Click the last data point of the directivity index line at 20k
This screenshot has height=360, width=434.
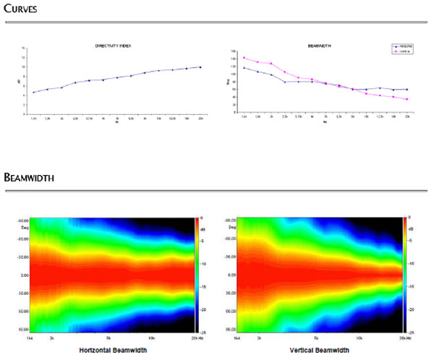(x=200, y=67)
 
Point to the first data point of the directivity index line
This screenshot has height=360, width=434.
(x=34, y=93)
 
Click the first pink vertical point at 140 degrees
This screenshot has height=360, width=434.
(x=244, y=58)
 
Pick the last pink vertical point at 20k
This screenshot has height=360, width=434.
(x=407, y=99)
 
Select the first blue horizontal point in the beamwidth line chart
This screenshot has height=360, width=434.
(x=244, y=68)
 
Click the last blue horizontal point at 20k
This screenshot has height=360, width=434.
(x=407, y=90)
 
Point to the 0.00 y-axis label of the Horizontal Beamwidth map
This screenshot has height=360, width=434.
(x=22, y=275)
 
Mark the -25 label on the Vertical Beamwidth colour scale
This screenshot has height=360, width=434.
(x=411, y=331)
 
